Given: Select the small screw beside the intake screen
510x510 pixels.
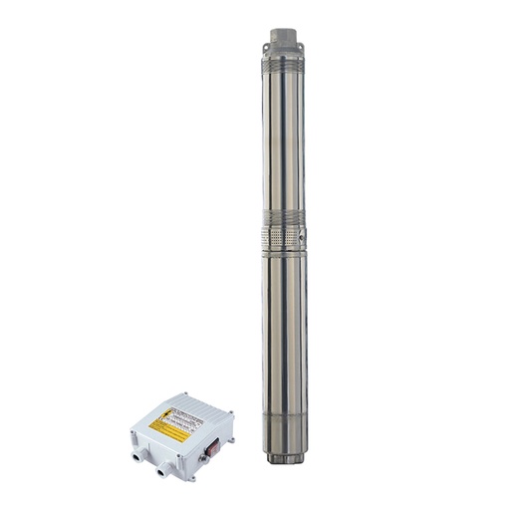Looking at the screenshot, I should (x=300, y=238).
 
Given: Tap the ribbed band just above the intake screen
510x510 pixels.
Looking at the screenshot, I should (x=284, y=218).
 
